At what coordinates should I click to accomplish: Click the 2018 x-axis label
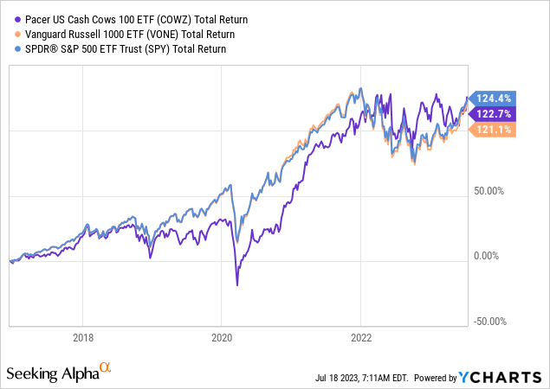[82, 338]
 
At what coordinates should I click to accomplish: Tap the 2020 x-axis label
[222, 338]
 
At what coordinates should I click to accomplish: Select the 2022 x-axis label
[361, 338]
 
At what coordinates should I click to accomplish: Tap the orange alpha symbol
[106, 368]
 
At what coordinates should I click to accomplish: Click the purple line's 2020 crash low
[237, 285]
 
